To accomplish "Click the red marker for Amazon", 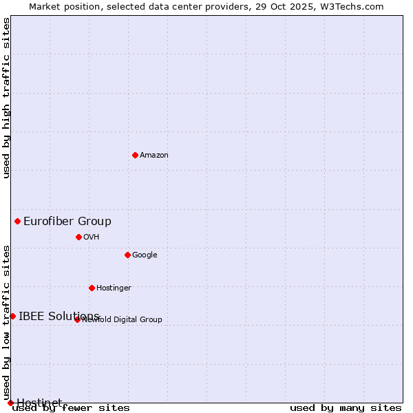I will [135, 155].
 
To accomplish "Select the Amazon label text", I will [154, 156].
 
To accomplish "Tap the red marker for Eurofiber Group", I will [17, 221].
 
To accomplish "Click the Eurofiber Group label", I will [67, 221].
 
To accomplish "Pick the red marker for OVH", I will [78, 237].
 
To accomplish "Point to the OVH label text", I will [92, 237].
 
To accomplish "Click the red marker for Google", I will [127, 255].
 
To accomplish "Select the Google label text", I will [145, 255].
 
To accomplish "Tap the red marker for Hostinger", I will [92, 288].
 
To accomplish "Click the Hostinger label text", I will [114, 288].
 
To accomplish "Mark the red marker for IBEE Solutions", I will [12, 316].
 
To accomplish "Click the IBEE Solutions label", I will [59, 316].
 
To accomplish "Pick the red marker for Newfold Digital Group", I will [77, 319].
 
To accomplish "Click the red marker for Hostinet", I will [10, 403].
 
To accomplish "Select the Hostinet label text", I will [39, 402].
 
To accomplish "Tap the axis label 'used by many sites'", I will [346, 408].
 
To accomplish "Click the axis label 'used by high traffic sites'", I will [7, 98].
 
